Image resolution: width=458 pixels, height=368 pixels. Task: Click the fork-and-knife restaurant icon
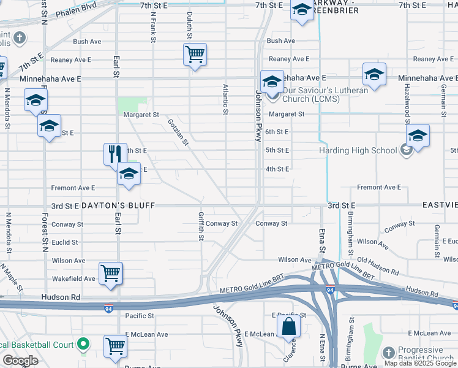coord(113,154)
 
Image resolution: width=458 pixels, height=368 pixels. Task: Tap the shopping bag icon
coord(288,327)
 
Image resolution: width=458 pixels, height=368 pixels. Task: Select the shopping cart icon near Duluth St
coord(195,55)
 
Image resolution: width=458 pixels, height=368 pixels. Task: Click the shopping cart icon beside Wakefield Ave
coord(111,273)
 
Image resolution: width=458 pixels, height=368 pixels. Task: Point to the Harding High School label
coord(358,150)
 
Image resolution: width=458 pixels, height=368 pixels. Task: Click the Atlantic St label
coord(225,99)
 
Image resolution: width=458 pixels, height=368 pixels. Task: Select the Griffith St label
coord(201,226)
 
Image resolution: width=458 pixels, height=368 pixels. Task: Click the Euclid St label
coord(65,242)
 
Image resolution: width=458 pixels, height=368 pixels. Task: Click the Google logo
coord(20,361)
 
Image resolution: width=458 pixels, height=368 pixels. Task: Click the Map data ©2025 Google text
coord(419,363)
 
